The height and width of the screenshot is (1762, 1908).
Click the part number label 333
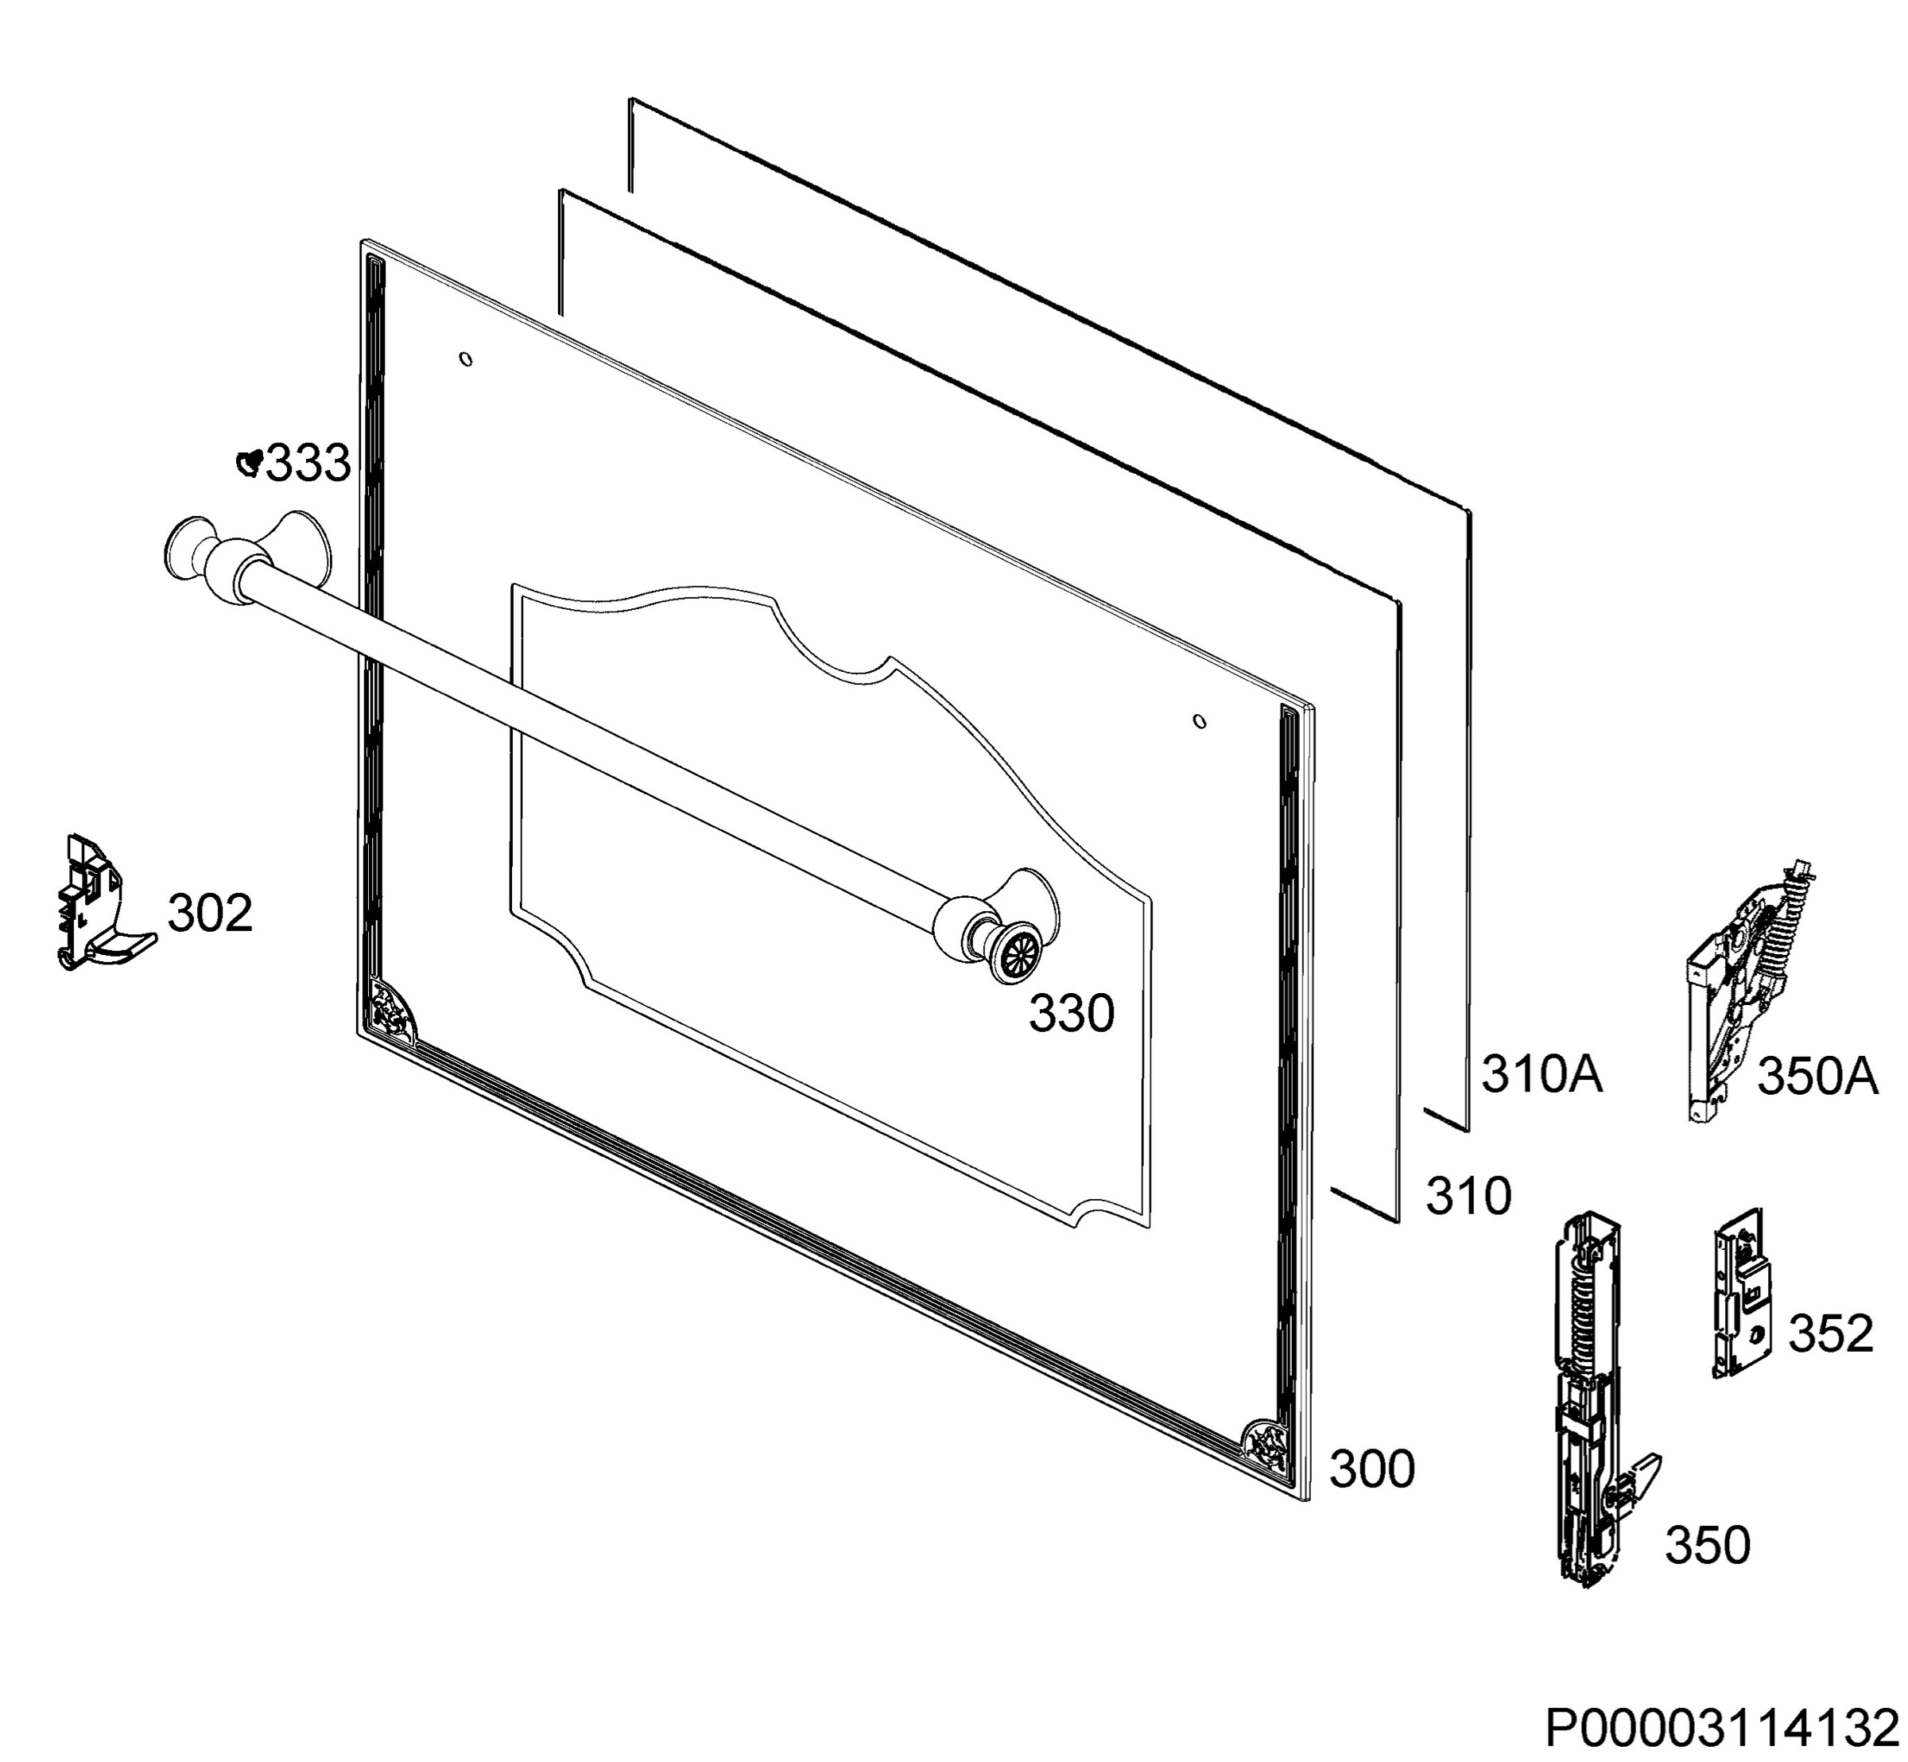[x=308, y=464]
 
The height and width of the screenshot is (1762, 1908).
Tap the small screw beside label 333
[x=250, y=463]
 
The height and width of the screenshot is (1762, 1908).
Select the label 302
[x=210, y=914]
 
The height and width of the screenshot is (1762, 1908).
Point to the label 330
[x=1071, y=1014]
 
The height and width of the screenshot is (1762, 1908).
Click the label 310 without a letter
[x=1468, y=1196]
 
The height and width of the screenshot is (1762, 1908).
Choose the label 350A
[x=1817, y=1077]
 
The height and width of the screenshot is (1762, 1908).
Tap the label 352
[x=1830, y=1334]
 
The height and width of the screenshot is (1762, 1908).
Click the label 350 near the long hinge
[x=1708, y=1546]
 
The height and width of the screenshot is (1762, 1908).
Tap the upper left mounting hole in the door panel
[x=465, y=359]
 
